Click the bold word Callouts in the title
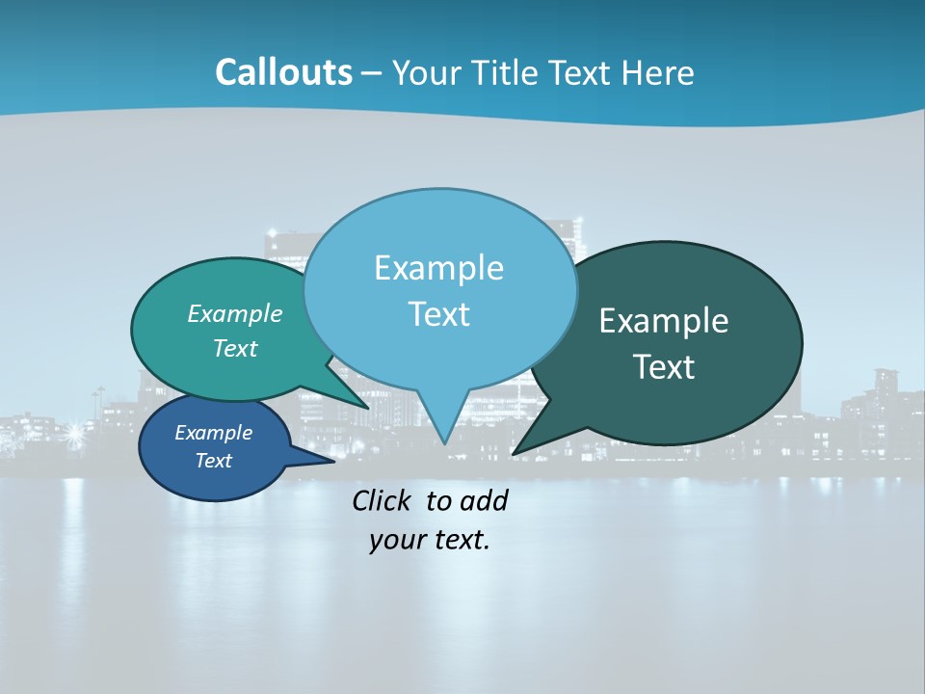click(x=283, y=72)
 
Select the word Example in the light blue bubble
click(x=438, y=268)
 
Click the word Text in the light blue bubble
click(x=438, y=314)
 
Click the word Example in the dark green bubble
click(x=664, y=321)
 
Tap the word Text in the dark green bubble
click(x=665, y=367)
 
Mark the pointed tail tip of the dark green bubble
click(x=514, y=453)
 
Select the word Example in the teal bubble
click(x=235, y=313)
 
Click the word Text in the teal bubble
click(x=235, y=348)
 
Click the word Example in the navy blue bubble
click(x=213, y=433)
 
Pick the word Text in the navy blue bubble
click(x=213, y=461)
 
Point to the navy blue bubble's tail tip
click(x=333, y=461)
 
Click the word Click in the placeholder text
click(x=384, y=500)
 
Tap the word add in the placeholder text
click(x=483, y=500)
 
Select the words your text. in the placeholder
click(x=430, y=541)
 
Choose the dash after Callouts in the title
click(x=373, y=73)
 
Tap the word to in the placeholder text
click(x=438, y=500)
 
